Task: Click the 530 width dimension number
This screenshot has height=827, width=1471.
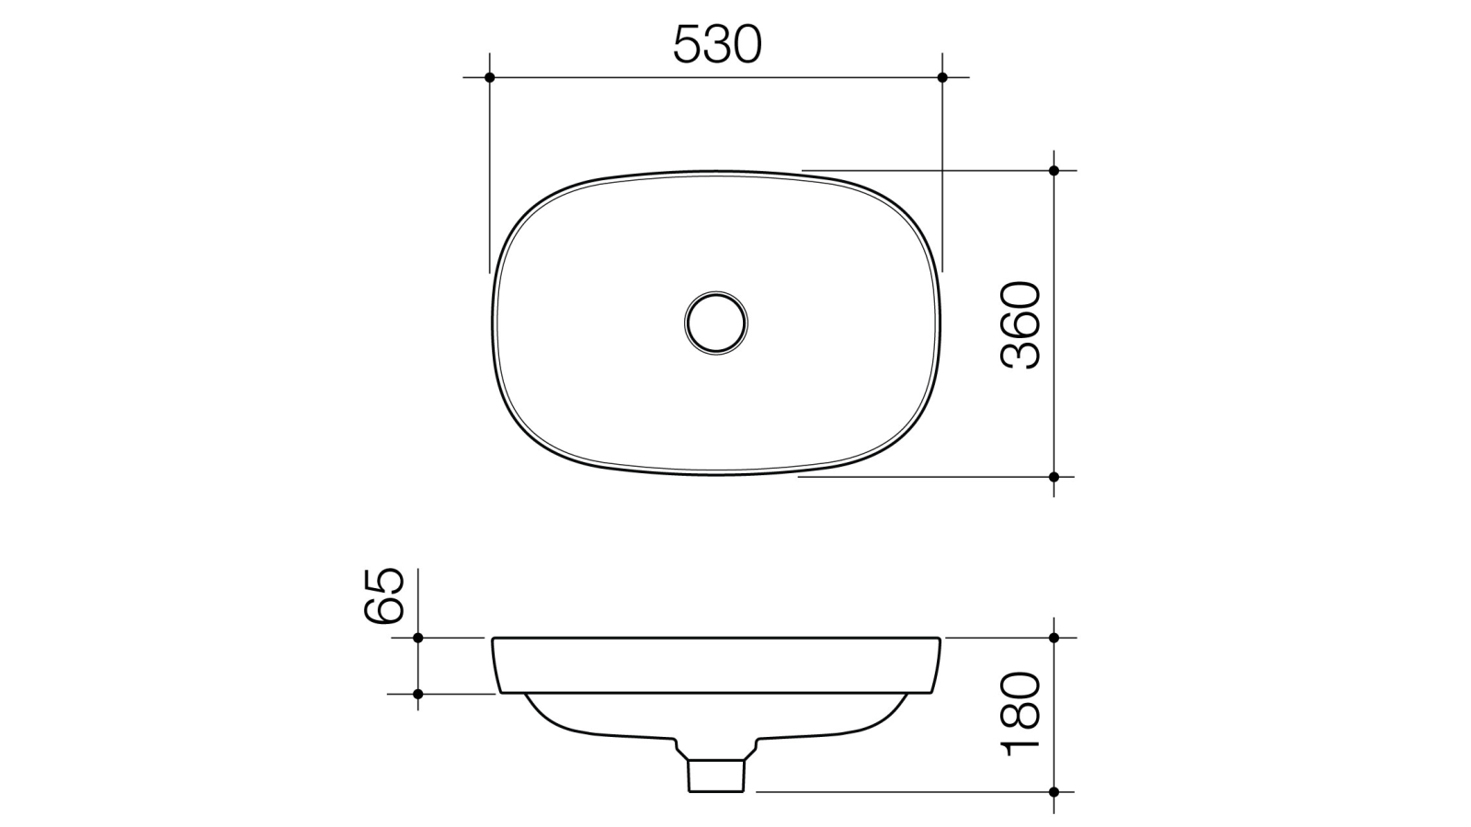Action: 717,44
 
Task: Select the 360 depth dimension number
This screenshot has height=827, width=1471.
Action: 1021,325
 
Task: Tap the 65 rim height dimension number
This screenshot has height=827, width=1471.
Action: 384,596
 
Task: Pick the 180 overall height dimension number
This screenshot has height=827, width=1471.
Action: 1021,714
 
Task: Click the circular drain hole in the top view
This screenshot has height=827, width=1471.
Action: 715,323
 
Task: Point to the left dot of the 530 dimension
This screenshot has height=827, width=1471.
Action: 489,77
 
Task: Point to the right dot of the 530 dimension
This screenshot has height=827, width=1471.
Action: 942,77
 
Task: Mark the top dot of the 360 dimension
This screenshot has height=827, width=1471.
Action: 1054,171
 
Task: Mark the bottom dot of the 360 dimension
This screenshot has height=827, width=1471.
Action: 1054,477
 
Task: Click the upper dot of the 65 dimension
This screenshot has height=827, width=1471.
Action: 417,637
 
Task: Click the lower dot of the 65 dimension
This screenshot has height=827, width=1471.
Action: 417,694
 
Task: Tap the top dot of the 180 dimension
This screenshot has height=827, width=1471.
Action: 1054,637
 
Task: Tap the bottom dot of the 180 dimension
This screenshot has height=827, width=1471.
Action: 1054,791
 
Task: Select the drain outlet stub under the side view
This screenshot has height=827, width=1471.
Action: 714,774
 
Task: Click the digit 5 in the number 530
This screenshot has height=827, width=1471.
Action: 689,44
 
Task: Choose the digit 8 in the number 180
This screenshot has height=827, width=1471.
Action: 1021,714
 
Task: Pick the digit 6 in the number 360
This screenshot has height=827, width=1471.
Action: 1021,325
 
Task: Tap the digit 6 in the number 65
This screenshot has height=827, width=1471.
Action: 384,610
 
